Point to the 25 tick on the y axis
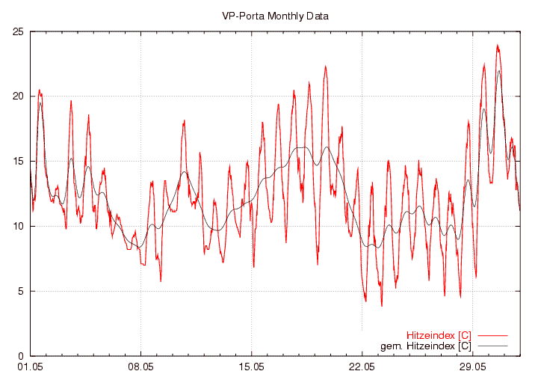point(17,31)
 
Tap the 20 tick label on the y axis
point(17,96)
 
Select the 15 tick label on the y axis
point(17,162)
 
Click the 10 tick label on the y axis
point(17,227)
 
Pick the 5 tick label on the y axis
point(20,292)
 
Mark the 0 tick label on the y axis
point(20,357)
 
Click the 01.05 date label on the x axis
point(30,367)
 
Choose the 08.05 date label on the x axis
point(140,367)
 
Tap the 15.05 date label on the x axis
point(252,367)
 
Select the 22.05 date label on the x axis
point(362,367)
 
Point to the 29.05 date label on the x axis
point(472,367)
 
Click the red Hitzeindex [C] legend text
point(439,335)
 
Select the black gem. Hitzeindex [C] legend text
point(425,346)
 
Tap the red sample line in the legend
point(492,335)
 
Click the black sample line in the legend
point(492,346)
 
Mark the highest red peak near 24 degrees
point(498,46)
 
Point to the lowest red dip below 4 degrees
point(382,305)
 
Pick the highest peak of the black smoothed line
point(499,71)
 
